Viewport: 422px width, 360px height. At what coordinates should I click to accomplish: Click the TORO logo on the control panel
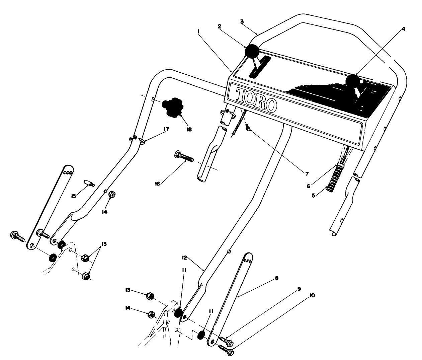point(256,99)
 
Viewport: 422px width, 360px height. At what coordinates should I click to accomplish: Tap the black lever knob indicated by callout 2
point(252,51)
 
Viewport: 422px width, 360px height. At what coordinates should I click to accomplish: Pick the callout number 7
point(307,174)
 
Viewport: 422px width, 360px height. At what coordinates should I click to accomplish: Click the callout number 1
point(198,31)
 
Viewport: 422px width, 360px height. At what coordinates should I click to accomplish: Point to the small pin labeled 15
point(89,183)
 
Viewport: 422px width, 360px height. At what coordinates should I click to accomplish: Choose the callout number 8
point(276,278)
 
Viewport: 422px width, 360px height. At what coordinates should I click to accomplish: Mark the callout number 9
point(299,288)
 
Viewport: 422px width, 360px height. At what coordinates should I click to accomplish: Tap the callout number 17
point(166,129)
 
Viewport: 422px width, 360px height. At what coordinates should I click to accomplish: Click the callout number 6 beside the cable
point(309,186)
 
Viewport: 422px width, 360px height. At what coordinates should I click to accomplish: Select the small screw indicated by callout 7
point(248,128)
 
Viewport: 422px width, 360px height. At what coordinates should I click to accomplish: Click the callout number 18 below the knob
point(189,129)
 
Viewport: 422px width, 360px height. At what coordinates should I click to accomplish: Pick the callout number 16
point(157,184)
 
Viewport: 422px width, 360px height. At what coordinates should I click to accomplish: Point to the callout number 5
point(313,196)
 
